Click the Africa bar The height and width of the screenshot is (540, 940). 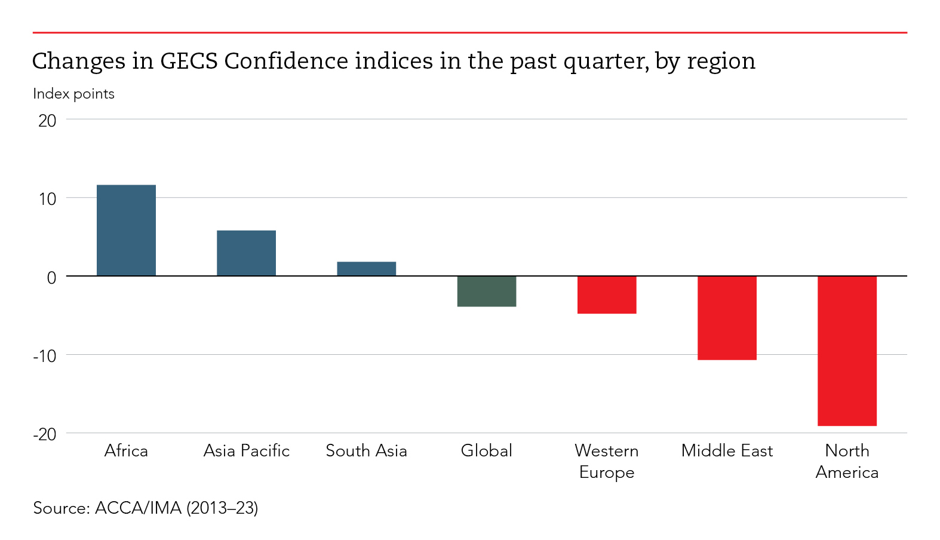126,231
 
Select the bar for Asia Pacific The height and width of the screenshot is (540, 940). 246,253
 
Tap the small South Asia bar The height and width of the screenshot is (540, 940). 366,269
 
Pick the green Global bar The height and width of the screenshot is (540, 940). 486,292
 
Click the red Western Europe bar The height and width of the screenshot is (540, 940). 607,295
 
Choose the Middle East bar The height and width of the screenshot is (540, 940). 727,318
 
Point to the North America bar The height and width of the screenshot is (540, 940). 847,351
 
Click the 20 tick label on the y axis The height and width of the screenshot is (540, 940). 47,121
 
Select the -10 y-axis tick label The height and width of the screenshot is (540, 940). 45,356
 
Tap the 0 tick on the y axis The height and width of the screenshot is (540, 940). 51,278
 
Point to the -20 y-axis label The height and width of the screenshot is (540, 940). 45,434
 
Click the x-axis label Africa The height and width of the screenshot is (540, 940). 126,450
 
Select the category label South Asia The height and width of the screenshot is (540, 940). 366,450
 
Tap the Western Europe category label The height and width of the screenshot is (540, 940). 607,461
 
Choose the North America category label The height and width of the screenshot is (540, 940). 847,461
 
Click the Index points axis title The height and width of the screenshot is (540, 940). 73,94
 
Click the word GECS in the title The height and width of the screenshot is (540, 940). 189,61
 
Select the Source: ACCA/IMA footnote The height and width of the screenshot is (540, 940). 146,508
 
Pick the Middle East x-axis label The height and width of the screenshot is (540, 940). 727,450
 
